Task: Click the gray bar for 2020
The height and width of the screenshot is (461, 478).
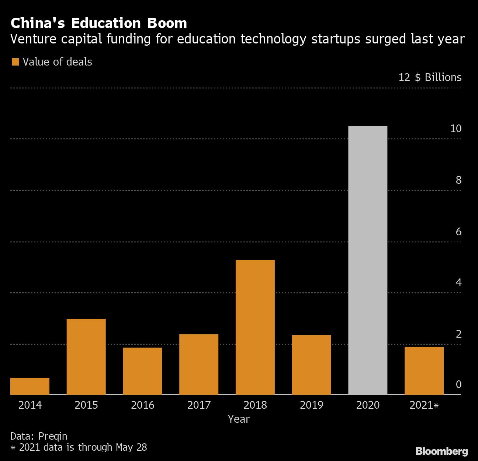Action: click(x=368, y=260)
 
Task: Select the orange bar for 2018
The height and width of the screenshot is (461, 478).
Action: click(x=255, y=327)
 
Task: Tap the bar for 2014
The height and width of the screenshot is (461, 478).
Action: click(x=30, y=386)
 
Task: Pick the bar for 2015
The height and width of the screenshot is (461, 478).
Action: click(x=86, y=356)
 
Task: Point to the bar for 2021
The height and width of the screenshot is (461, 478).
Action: click(x=424, y=370)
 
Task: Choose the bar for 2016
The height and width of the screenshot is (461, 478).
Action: click(x=142, y=371)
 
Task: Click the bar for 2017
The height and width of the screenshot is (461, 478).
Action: click(x=199, y=364)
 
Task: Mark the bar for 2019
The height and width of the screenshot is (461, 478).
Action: click(x=311, y=365)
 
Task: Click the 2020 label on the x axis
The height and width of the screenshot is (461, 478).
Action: click(x=368, y=405)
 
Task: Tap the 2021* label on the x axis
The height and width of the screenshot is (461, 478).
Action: click(x=424, y=405)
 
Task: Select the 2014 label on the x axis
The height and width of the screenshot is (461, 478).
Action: click(x=30, y=405)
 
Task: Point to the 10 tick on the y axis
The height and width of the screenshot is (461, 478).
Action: click(x=456, y=129)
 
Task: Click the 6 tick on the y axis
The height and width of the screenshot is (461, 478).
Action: click(x=458, y=231)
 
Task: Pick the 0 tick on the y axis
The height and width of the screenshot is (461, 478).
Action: click(x=458, y=384)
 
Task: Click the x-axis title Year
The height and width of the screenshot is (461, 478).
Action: click(x=239, y=419)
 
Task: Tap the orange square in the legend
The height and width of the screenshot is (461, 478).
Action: click(x=15, y=62)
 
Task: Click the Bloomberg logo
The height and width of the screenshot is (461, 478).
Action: click(x=441, y=451)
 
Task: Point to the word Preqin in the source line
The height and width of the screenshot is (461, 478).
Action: click(x=53, y=436)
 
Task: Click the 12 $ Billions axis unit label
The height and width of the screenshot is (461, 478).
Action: click(x=430, y=77)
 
